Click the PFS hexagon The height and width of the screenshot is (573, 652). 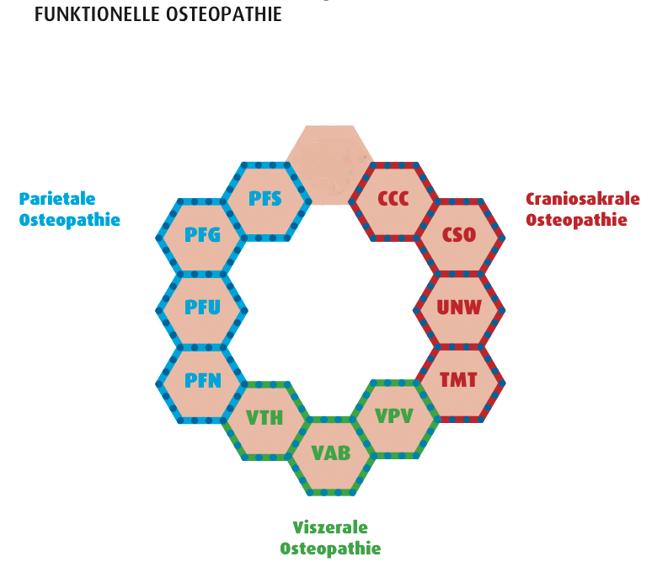(265, 201)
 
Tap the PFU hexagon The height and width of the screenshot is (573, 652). (201, 308)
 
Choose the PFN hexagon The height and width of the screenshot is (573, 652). (201, 381)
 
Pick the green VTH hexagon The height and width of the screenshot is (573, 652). (265, 418)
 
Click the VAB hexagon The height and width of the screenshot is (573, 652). (330, 453)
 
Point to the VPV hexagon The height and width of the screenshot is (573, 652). (394, 417)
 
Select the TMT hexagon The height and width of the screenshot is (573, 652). (459, 381)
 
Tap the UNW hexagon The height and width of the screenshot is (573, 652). (459, 308)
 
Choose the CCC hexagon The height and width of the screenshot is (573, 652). (393, 201)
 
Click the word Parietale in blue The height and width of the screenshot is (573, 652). (57, 200)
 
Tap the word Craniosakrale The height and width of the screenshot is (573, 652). (582, 200)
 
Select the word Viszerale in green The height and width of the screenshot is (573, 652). (330, 528)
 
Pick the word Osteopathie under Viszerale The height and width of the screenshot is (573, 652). (330, 549)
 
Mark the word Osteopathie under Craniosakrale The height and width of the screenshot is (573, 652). (576, 220)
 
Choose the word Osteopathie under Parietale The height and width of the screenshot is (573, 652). (70, 220)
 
